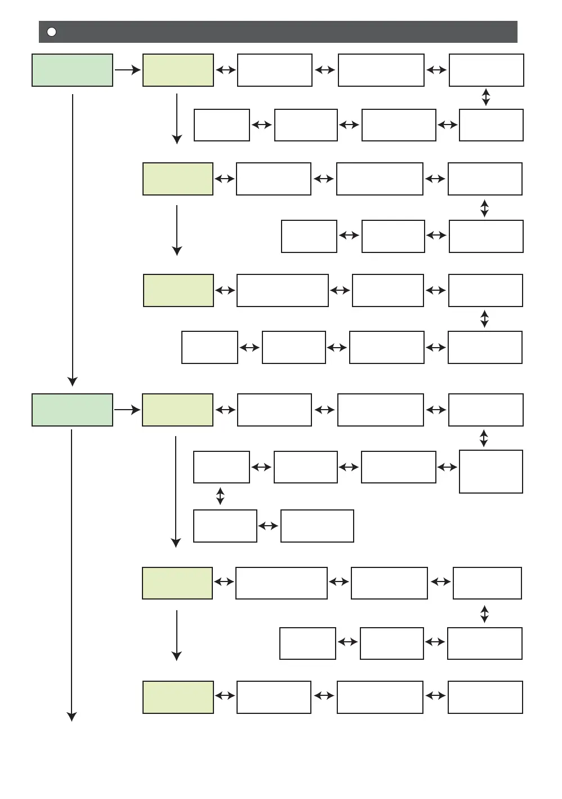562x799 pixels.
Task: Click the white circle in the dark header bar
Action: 51,32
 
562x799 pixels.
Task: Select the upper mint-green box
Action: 72,70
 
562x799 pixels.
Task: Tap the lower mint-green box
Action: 72,410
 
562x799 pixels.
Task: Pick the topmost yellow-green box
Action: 178,70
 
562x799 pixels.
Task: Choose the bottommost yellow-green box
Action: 178,697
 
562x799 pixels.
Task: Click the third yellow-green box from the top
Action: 179,290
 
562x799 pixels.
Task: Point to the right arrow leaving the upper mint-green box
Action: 127,70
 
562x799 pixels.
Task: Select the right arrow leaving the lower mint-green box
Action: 127,410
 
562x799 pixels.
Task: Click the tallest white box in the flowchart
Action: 491,472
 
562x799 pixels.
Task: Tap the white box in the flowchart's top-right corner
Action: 487,70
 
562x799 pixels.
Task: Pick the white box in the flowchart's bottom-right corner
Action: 485,697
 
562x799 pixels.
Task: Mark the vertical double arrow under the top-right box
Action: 486,97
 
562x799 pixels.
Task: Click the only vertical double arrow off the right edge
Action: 220,496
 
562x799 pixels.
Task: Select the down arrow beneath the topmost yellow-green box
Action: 177,118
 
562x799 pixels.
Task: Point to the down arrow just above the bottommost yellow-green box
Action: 177,635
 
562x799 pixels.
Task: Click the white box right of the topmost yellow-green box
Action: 275,70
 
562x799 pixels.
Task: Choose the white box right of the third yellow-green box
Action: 283,290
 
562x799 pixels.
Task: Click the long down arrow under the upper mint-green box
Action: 73,239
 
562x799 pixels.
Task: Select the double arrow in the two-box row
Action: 268,526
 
